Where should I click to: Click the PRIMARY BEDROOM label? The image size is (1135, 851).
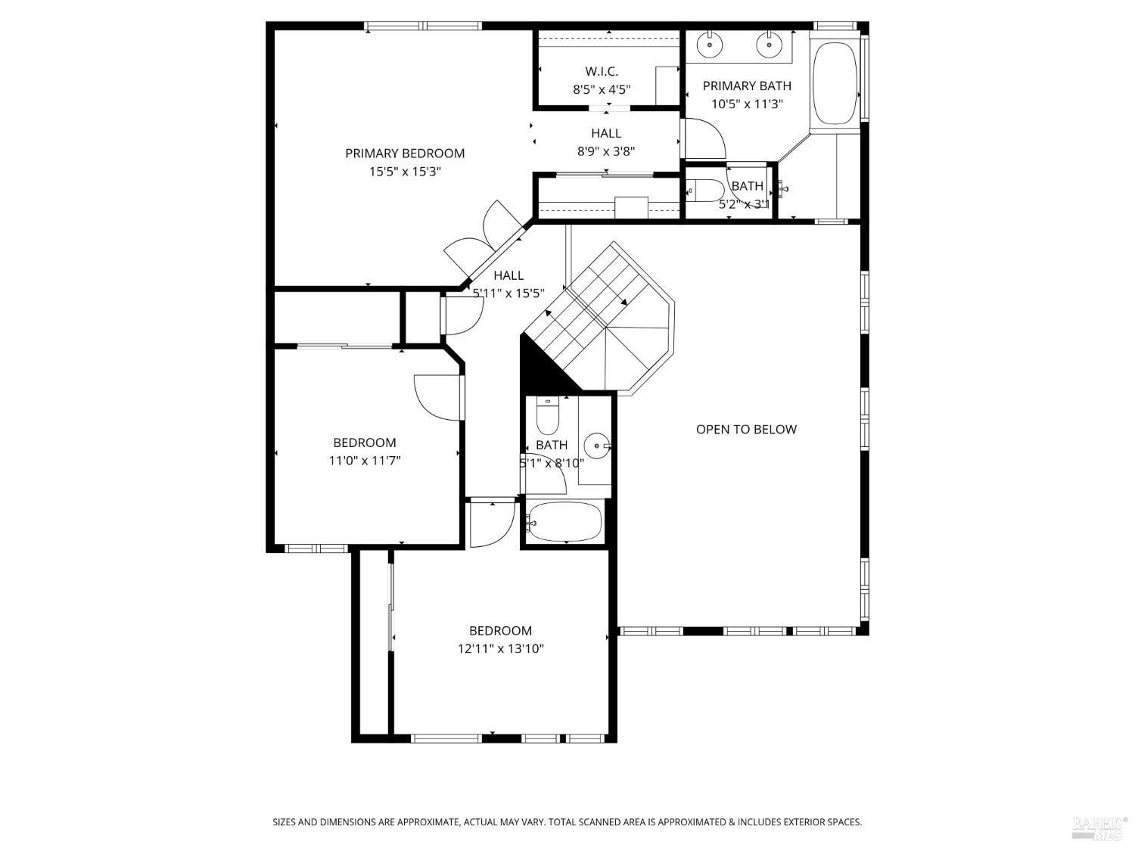pos(405,154)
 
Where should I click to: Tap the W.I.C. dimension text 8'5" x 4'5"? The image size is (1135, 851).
pos(601,89)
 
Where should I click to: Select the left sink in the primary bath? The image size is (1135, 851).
pos(710,45)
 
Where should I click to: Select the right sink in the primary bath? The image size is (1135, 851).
pos(769,45)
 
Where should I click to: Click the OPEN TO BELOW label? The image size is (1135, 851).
pos(746,430)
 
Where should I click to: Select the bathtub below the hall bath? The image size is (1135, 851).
pos(565,522)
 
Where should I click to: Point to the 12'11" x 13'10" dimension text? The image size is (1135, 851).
pos(500,648)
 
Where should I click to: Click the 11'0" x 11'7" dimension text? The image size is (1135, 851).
pos(365,460)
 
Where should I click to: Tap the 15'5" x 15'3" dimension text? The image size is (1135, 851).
pos(405,172)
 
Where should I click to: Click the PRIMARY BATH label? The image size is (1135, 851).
pos(747,86)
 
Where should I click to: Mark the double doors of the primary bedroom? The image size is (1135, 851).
pos(484,241)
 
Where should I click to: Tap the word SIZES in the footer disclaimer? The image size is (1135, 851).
pos(285,821)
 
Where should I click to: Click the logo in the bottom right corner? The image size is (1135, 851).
pos(1099,828)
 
